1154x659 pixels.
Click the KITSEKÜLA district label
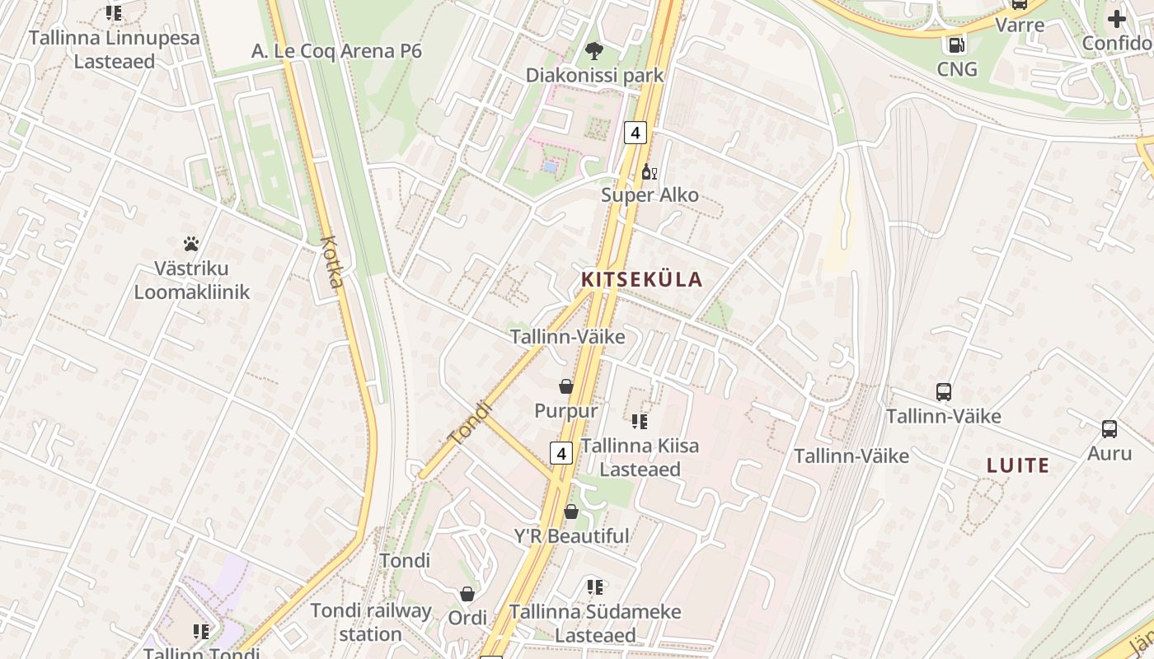[642, 279]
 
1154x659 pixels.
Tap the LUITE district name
[1018, 465]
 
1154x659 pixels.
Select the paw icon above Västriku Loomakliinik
[191, 244]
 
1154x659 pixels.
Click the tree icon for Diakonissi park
[593, 52]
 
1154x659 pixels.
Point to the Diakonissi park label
[594, 75]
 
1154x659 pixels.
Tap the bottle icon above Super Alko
[650, 172]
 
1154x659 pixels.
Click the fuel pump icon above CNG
[956, 45]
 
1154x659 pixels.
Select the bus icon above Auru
[1109, 429]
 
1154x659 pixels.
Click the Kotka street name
[332, 262]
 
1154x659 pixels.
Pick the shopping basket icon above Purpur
[566, 386]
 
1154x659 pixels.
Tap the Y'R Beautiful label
[571, 536]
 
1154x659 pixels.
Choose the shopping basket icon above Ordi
[467, 594]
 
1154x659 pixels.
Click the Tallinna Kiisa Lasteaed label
[640, 457]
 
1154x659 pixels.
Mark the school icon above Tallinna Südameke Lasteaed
[594, 587]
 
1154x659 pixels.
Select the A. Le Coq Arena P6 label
[336, 51]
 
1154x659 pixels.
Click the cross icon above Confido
[1117, 19]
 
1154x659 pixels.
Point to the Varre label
[1020, 25]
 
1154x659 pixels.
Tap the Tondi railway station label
[371, 622]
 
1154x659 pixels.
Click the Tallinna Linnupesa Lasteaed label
[115, 49]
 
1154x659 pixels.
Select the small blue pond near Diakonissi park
[550, 167]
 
